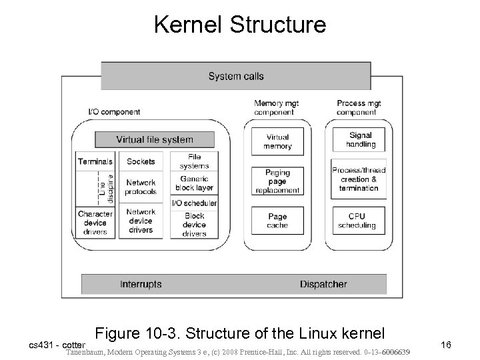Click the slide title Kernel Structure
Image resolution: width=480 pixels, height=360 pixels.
(240, 25)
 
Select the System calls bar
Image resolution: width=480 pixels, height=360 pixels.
(235, 76)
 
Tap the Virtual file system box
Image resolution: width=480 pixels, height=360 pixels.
(155, 140)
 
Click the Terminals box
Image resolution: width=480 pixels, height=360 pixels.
(95, 161)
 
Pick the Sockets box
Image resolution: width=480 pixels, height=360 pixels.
(141, 161)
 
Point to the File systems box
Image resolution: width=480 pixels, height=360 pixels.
(193, 161)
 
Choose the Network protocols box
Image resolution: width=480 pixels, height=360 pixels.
(141, 187)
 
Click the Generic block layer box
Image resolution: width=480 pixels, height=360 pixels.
(193, 183)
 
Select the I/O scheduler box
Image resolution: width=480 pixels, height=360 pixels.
(193, 203)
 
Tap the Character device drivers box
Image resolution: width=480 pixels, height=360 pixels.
(95, 223)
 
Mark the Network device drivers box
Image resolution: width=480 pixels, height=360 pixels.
(141, 221)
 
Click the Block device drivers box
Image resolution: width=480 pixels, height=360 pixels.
(193, 225)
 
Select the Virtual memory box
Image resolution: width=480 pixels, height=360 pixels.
(277, 141)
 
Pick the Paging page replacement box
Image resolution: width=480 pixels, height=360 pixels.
(277, 181)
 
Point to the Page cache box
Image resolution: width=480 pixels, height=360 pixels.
(277, 221)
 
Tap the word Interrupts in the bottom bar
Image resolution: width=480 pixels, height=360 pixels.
(141, 284)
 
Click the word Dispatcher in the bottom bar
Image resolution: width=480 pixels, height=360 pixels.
(323, 284)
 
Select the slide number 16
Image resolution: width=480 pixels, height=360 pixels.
(446, 345)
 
